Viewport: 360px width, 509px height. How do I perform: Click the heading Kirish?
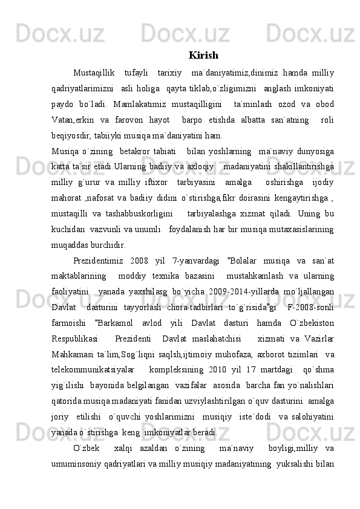[203, 56]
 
